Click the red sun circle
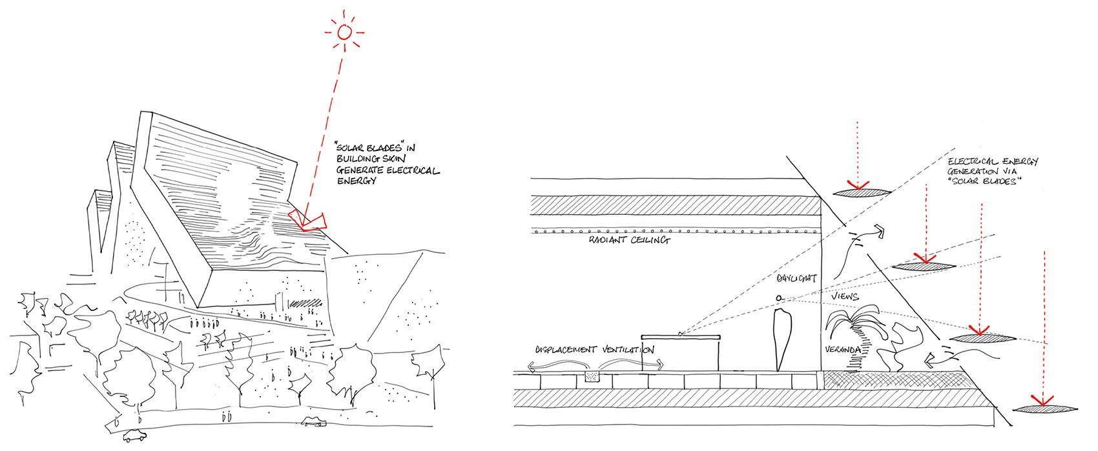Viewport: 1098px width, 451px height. click(x=345, y=32)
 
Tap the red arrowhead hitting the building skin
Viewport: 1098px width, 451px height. click(x=307, y=221)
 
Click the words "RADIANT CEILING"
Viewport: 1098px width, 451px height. click(x=629, y=240)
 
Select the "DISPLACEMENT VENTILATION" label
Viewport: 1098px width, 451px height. click(x=595, y=350)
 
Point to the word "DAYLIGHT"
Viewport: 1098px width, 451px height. click(x=796, y=279)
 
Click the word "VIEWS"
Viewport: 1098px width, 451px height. click(x=845, y=296)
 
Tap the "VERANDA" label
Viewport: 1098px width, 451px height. click(x=842, y=350)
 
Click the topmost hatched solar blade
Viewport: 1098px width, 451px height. click(x=862, y=192)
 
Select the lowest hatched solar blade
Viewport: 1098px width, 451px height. click(x=1045, y=408)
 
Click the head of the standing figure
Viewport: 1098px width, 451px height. click(x=779, y=297)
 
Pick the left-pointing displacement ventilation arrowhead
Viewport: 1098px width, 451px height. click(x=532, y=366)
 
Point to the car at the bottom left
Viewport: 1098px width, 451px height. click(x=135, y=435)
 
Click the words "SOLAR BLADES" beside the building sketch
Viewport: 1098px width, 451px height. click(x=369, y=147)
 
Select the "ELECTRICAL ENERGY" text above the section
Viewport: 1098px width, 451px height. click(x=993, y=161)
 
